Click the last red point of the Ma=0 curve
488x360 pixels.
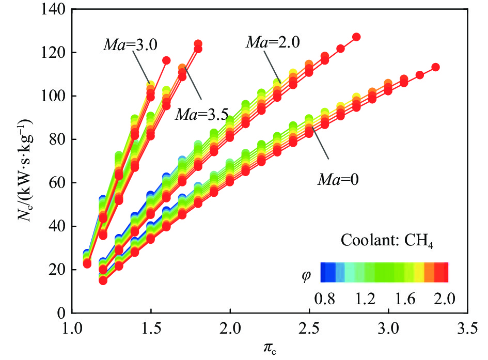[435, 67]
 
